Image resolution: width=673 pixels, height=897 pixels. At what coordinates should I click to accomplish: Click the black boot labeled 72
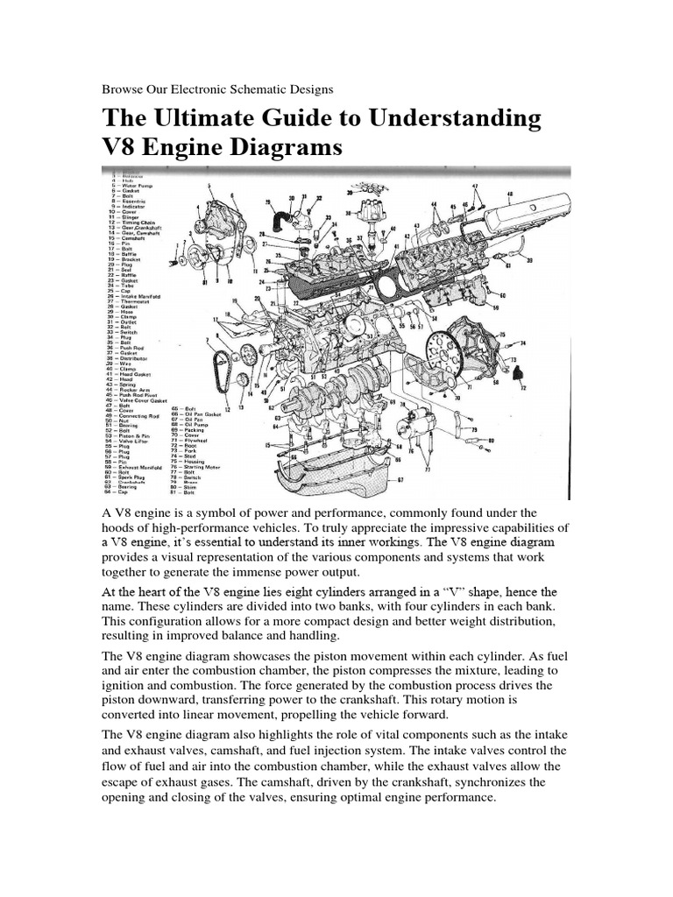(x=514, y=373)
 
